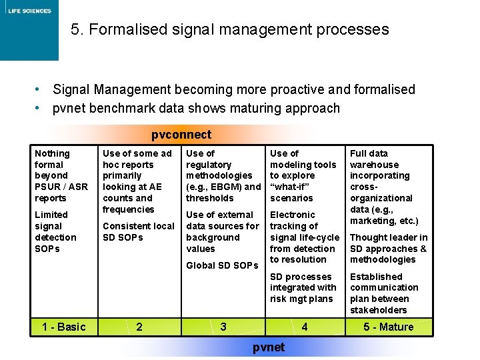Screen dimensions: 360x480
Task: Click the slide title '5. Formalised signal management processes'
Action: pyautogui.click(x=229, y=30)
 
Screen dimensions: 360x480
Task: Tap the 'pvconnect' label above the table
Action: pyautogui.click(x=181, y=135)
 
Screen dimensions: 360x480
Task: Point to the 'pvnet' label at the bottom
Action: pyautogui.click(x=269, y=347)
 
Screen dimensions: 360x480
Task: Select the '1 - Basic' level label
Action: pyautogui.click(x=63, y=327)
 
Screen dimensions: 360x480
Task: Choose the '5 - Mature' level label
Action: pyautogui.click(x=388, y=327)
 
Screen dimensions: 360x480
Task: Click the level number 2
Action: pyautogui.click(x=139, y=327)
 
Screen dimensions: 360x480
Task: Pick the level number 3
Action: pyautogui.click(x=223, y=327)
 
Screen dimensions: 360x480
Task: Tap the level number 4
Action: pyautogui.click(x=305, y=327)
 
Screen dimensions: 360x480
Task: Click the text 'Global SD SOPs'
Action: pyautogui.click(x=222, y=265)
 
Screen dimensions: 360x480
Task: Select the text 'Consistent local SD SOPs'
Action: pyautogui.click(x=138, y=231)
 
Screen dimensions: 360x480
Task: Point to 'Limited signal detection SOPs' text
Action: pyautogui.click(x=55, y=231)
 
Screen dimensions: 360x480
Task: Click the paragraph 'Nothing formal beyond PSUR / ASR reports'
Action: pyautogui.click(x=61, y=175)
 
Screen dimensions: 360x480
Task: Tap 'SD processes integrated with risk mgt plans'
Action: pyautogui.click(x=303, y=287)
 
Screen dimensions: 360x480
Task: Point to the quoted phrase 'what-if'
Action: pyautogui.click(x=291, y=187)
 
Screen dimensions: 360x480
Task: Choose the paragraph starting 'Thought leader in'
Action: pyautogui.click(x=389, y=249)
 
